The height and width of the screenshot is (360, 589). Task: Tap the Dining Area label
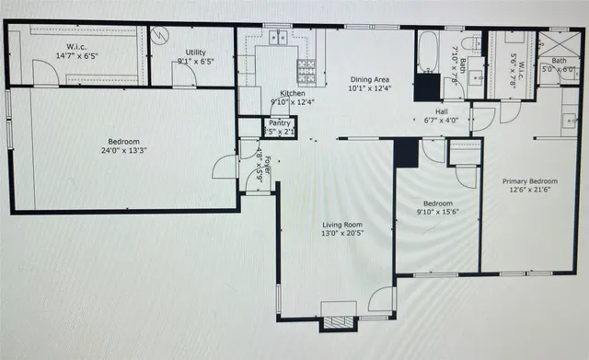point(370,80)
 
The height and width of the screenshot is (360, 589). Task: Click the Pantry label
point(279,122)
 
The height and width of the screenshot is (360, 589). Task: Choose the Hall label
point(442,110)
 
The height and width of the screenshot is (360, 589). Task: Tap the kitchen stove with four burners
point(306,67)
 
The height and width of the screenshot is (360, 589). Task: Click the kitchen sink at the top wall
point(276,39)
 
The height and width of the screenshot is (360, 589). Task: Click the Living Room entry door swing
point(381,300)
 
